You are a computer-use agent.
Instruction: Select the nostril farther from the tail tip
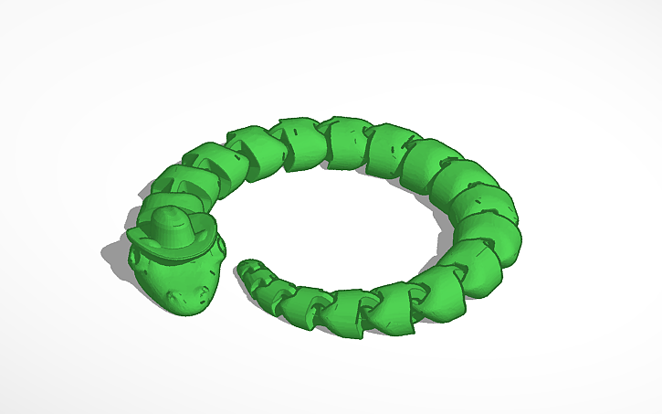174,294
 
